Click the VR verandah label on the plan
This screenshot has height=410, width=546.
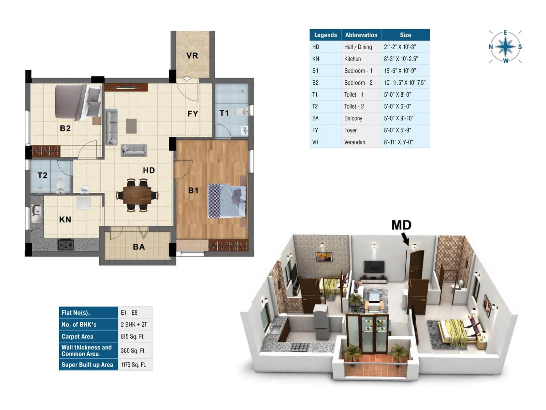click(x=192, y=55)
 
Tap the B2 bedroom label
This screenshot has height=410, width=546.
click(x=65, y=128)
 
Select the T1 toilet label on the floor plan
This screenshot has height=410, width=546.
click(x=224, y=113)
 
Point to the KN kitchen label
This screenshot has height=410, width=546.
click(x=65, y=219)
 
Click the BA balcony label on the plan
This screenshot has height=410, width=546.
click(x=139, y=247)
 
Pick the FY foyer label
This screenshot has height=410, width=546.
click(x=193, y=114)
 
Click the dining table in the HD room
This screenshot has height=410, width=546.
click(x=137, y=195)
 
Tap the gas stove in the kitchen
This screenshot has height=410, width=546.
click(x=66, y=245)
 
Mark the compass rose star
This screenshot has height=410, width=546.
click(x=505, y=47)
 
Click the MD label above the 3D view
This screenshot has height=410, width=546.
click(x=401, y=225)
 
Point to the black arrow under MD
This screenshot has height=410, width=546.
click(x=405, y=239)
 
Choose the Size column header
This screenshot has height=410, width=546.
click(x=405, y=35)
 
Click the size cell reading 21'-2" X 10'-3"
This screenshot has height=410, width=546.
click(x=400, y=47)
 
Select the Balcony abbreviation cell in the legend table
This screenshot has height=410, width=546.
click(x=353, y=118)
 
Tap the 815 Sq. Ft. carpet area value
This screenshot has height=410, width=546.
click(x=133, y=337)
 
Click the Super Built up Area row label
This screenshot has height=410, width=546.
click(x=87, y=365)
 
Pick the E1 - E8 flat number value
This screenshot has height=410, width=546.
click(x=129, y=313)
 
